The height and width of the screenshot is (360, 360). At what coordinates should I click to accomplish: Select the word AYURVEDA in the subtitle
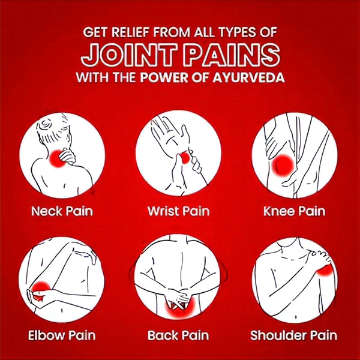tap(248, 77)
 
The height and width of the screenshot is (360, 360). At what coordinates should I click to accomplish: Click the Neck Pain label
tap(62, 211)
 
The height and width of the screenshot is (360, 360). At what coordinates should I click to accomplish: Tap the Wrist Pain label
tap(179, 211)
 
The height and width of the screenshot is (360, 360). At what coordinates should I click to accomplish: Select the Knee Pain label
tap(295, 211)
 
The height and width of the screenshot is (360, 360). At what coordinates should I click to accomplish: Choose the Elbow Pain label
tap(62, 335)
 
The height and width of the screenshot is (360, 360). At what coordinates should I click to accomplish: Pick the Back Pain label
tap(178, 335)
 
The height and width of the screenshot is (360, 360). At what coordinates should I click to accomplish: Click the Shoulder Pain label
tap(293, 335)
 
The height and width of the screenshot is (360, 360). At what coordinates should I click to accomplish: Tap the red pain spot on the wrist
tap(185, 158)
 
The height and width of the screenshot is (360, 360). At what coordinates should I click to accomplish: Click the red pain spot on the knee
tap(283, 166)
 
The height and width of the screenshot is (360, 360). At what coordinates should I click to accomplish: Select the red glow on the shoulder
tap(324, 270)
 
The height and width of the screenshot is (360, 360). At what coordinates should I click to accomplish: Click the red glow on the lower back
tap(180, 308)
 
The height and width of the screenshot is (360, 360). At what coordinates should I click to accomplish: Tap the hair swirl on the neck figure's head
tap(45, 126)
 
